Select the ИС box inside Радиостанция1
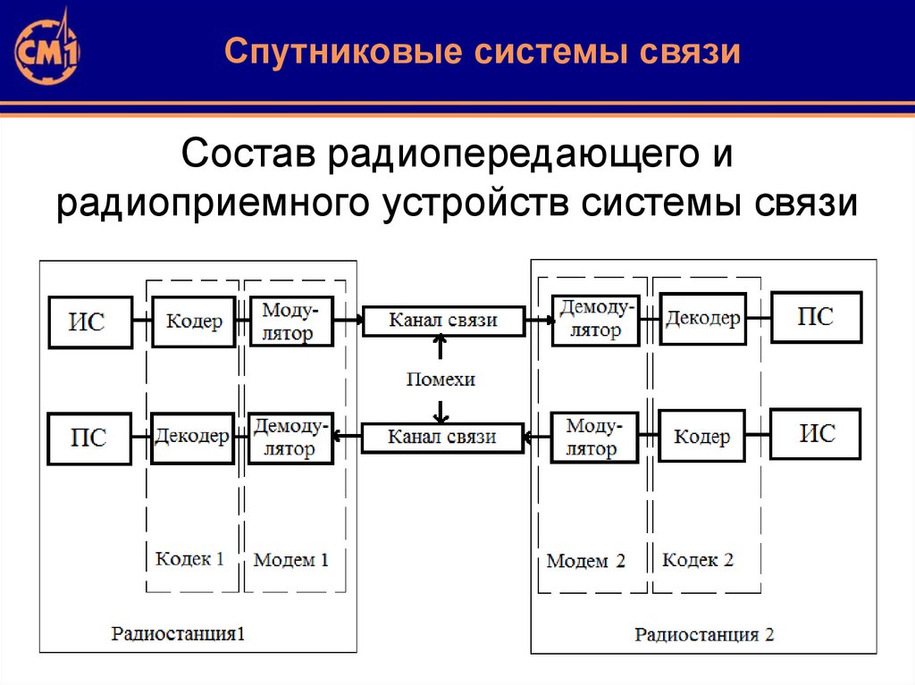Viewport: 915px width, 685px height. point(88,322)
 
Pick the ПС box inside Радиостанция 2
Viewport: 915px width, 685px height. point(816,317)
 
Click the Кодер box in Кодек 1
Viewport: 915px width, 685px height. point(194,322)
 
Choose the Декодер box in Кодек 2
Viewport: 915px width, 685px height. point(702,319)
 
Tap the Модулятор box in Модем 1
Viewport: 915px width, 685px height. point(290,322)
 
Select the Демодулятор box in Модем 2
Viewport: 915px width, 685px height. point(596,320)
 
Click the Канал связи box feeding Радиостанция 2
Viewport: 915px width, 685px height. point(442,321)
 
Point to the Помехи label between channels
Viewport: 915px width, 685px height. point(441,380)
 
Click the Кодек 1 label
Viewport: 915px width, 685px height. point(189,559)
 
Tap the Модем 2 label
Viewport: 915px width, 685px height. point(586,561)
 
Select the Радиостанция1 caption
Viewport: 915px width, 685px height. point(178,634)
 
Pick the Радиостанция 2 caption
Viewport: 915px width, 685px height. point(704,635)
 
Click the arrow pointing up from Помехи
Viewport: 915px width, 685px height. point(441,349)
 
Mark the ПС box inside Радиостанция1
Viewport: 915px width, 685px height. point(88,438)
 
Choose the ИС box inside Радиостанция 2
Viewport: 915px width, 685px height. point(816,434)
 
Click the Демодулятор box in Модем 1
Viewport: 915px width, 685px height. point(290,438)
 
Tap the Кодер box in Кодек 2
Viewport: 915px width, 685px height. point(701,437)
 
